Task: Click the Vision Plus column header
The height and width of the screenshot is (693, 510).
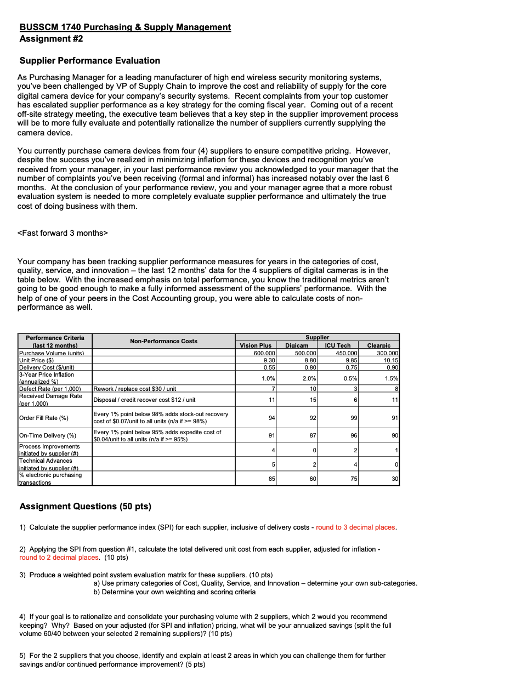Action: pyautogui.click(x=256, y=345)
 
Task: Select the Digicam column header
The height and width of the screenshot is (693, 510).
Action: pyautogui.click(x=297, y=345)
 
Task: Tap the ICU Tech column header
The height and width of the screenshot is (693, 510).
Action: pyautogui.click(x=337, y=345)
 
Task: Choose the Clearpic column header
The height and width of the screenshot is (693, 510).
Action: pyautogui.click(x=378, y=345)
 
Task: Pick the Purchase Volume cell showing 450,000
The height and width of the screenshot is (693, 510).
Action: pyautogui.click(x=345, y=353)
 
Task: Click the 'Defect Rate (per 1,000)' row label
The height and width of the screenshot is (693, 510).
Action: pyautogui.click(x=50, y=389)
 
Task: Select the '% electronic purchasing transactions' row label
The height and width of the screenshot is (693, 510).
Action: pyautogui.click(x=50, y=479)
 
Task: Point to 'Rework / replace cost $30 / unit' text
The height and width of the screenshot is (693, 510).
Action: pyautogui.click(x=135, y=389)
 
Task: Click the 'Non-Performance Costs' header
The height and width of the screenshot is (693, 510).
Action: pyautogui.click(x=163, y=341)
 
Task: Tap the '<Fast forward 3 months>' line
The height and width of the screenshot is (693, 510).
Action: pyautogui.click(x=63, y=233)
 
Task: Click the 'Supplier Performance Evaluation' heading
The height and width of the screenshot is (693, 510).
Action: pyautogui.click(x=89, y=60)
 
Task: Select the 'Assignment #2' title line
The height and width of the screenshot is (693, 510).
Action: pyautogui.click(x=51, y=38)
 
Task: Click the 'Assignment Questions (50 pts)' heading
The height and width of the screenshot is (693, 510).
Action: pyautogui.click(x=85, y=506)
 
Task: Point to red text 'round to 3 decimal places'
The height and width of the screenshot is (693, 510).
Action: pyautogui.click(x=355, y=527)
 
